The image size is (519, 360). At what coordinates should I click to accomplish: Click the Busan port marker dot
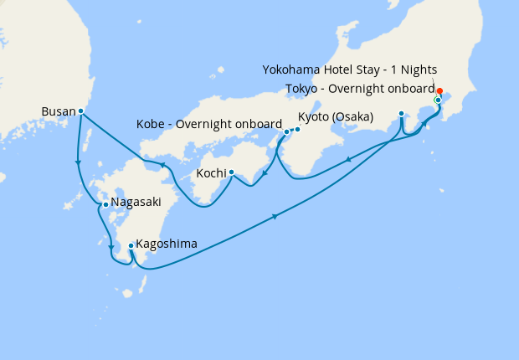point(80,111)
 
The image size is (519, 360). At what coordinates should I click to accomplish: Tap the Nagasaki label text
point(134,203)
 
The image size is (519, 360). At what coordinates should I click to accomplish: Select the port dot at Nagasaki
point(105,203)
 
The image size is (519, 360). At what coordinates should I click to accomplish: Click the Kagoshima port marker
point(131,245)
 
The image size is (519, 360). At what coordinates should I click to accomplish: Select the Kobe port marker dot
point(287,131)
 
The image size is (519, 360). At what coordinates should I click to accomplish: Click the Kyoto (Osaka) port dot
point(297,129)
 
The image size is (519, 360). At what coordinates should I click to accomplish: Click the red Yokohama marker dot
point(439,90)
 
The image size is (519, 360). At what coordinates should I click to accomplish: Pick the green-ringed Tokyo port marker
point(437,100)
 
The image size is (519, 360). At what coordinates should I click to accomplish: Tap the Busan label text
point(59,111)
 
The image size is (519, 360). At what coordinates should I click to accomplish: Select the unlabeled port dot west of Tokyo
point(402,113)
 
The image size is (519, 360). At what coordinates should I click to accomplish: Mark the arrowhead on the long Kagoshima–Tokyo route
point(275,219)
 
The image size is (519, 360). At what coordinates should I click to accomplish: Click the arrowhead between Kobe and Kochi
point(265,175)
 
